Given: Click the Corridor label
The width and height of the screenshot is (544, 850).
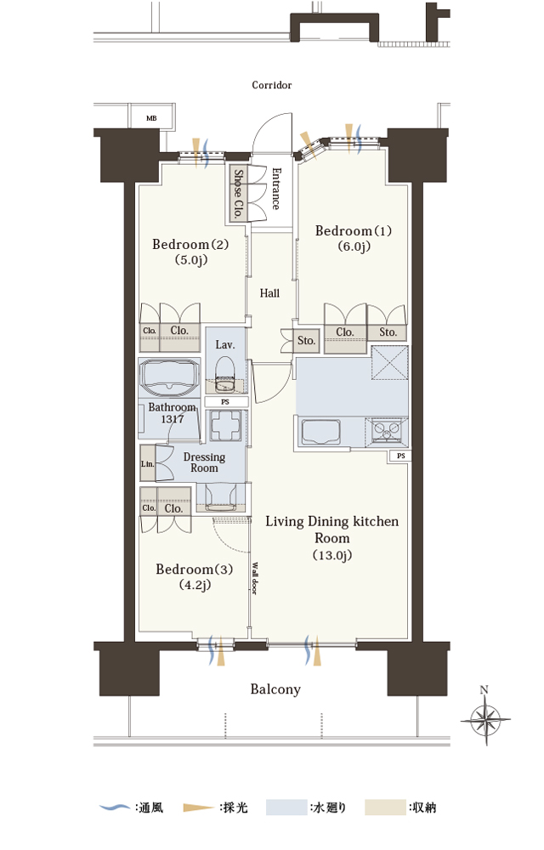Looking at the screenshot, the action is click(271, 85).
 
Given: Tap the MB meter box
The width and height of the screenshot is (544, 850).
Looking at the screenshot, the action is click(151, 117).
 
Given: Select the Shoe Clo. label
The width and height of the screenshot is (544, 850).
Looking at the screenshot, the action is click(238, 194).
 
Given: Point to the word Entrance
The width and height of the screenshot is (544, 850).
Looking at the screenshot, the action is click(275, 189).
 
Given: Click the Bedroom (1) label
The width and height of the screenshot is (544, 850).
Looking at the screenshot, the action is click(354, 231).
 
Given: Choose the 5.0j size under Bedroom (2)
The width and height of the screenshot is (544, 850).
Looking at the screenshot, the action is click(190, 259).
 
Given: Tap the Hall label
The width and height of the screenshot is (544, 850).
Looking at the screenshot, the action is click(269, 293).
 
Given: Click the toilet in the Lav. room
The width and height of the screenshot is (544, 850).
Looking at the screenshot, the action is click(224, 375).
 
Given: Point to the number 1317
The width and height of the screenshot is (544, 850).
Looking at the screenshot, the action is click(173, 419).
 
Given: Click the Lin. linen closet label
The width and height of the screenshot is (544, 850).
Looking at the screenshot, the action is click(147, 464).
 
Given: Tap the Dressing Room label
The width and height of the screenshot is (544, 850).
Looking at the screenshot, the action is click(204, 462).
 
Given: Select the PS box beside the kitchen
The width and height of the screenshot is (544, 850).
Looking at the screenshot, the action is click(400, 456).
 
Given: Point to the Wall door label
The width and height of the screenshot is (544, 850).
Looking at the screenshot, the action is click(254, 578).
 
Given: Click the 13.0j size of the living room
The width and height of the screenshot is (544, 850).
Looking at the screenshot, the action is click(332, 555).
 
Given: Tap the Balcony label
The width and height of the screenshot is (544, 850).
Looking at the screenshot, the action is click(275, 689).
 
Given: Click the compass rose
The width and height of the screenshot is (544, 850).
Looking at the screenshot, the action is click(485, 719).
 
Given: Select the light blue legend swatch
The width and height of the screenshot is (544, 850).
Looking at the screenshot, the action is click(286, 807).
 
